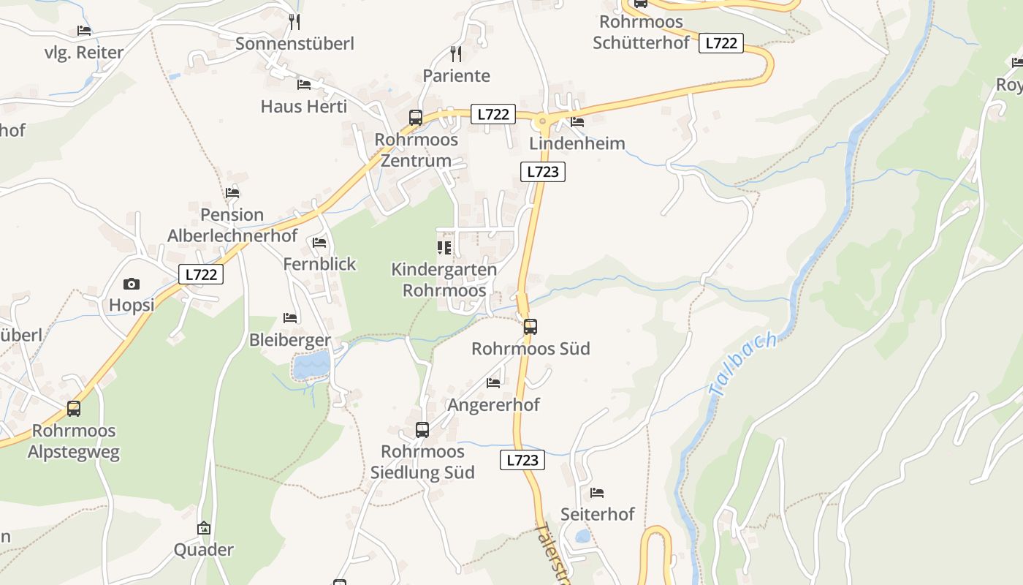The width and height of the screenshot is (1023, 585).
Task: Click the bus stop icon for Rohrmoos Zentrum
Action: [x=415, y=117]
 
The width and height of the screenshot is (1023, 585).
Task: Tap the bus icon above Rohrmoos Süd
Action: [x=530, y=327]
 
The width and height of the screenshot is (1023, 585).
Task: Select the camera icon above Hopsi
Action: [x=132, y=284]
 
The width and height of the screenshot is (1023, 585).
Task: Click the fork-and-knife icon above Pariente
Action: [x=456, y=53]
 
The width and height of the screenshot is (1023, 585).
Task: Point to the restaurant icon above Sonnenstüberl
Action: [x=294, y=21]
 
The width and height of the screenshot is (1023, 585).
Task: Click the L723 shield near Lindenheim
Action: [x=543, y=172]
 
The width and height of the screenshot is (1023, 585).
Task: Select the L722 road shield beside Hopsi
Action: [x=201, y=274]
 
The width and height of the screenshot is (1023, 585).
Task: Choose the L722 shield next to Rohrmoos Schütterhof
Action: [x=721, y=43]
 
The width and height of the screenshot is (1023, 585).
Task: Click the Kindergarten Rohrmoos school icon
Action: [x=444, y=248]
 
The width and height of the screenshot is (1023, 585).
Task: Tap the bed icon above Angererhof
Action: [x=493, y=382]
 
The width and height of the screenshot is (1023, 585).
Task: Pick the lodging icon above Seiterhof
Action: [x=597, y=492]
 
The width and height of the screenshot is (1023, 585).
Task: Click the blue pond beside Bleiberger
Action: [x=311, y=364]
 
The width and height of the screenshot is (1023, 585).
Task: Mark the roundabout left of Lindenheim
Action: [x=542, y=121]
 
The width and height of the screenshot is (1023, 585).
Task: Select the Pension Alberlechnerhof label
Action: [x=232, y=225]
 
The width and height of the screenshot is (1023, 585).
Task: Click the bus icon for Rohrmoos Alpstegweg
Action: [x=74, y=409]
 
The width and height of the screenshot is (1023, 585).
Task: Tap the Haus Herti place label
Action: [x=304, y=107]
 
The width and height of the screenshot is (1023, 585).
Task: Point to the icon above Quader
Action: [x=204, y=528]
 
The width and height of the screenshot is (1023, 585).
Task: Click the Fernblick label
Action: [x=319, y=264]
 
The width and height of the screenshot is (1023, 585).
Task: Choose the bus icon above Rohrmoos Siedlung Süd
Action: [x=422, y=430]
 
